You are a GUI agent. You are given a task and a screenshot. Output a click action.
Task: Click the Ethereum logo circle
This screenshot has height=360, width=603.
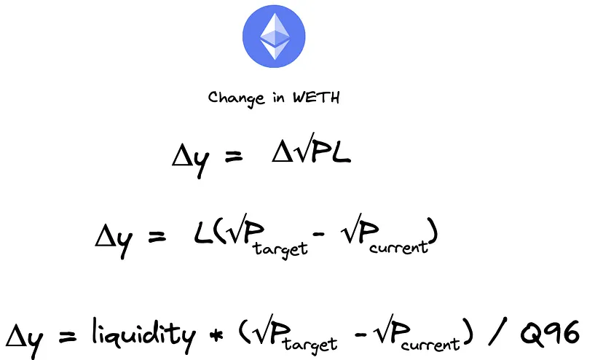[x=274, y=35]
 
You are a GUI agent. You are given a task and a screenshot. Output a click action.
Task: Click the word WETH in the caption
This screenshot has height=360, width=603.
[x=317, y=98]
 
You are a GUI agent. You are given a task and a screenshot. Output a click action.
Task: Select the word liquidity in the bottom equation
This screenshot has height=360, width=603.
[x=143, y=334]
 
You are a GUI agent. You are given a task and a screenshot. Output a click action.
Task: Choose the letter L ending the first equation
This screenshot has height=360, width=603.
[x=340, y=154]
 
